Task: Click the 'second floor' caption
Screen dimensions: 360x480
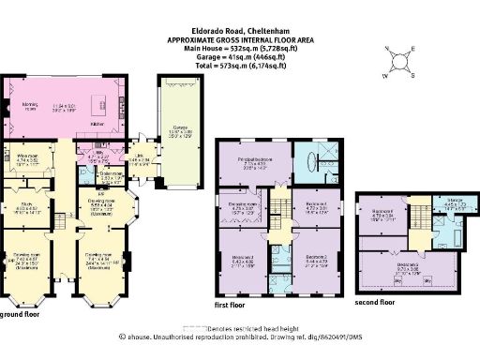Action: (375, 303)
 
